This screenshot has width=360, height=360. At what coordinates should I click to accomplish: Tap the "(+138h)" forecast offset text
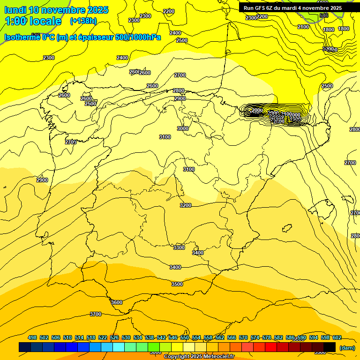83,21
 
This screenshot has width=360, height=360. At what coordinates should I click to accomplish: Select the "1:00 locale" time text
33,21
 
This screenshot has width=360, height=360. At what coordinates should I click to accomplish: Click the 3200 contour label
186,205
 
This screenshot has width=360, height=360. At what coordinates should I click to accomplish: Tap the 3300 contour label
179,247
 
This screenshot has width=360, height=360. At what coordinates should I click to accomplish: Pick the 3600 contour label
117,302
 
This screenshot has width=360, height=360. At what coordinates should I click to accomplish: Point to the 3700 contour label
95,314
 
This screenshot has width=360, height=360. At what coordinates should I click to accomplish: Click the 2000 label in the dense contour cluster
257,111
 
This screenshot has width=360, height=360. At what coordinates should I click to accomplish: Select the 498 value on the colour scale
32,337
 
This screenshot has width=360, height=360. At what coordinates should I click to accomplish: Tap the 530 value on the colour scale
126,337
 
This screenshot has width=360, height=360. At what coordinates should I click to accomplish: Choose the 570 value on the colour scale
243,337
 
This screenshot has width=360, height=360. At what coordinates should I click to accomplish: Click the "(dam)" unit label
347,347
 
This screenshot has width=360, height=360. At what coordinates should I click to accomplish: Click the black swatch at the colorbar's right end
330,347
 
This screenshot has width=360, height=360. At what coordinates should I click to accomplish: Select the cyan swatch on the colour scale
119,347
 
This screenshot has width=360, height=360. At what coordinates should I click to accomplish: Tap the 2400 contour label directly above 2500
175,33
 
